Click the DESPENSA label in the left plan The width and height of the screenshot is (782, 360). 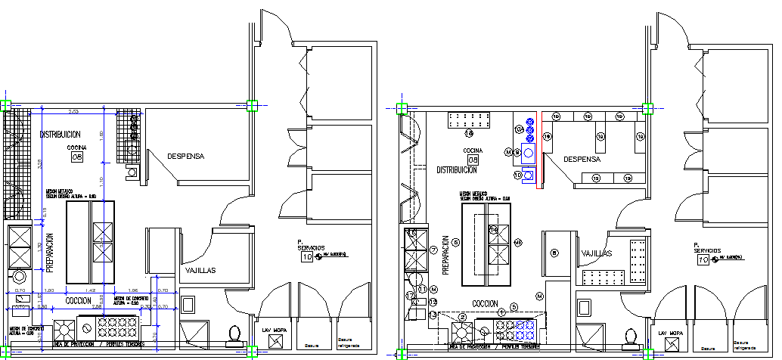[185, 157]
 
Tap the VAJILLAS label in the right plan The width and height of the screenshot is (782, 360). [597, 254]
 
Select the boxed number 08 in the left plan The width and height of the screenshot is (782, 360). [76, 157]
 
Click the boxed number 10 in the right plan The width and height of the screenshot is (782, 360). [703, 259]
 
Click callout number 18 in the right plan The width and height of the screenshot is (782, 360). [469, 134]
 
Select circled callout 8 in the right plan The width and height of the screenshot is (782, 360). [554, 253]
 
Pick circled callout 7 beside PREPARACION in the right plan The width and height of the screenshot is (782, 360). [433, 250]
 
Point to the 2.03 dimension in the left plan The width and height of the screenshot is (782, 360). [73, 112]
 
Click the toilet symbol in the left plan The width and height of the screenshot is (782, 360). [235, 334]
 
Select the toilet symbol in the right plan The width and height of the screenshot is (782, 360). [629, 334]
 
